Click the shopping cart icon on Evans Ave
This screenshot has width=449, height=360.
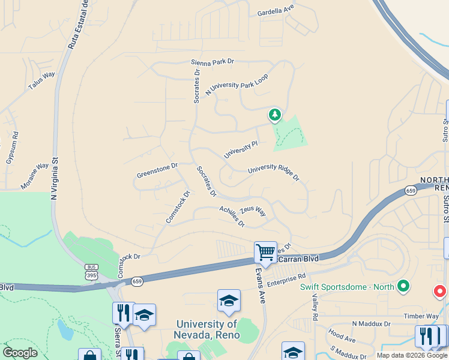pyautogui.click(x=265, y=252)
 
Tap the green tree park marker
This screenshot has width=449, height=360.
pyautogui.click(x=275, y=114)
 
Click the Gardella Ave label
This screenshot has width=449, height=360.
pyautogui.click(x=276, y=12)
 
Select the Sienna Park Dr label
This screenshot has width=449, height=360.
pyautogui.click(x=212, y=62)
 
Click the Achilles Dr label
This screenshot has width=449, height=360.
pyautogui.click(x=232, y=216)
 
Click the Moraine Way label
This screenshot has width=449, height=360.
pyautogui.click(x=35, y=176)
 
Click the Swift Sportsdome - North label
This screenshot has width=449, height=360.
pyautogui.click(x=347, y=286)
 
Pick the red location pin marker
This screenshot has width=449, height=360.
pyautogui.click(x=439, y=292)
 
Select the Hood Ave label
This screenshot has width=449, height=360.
pyautogui.click(x=342, y=340)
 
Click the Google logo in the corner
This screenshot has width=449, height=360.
pyautogui.click(x=20, y=353)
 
